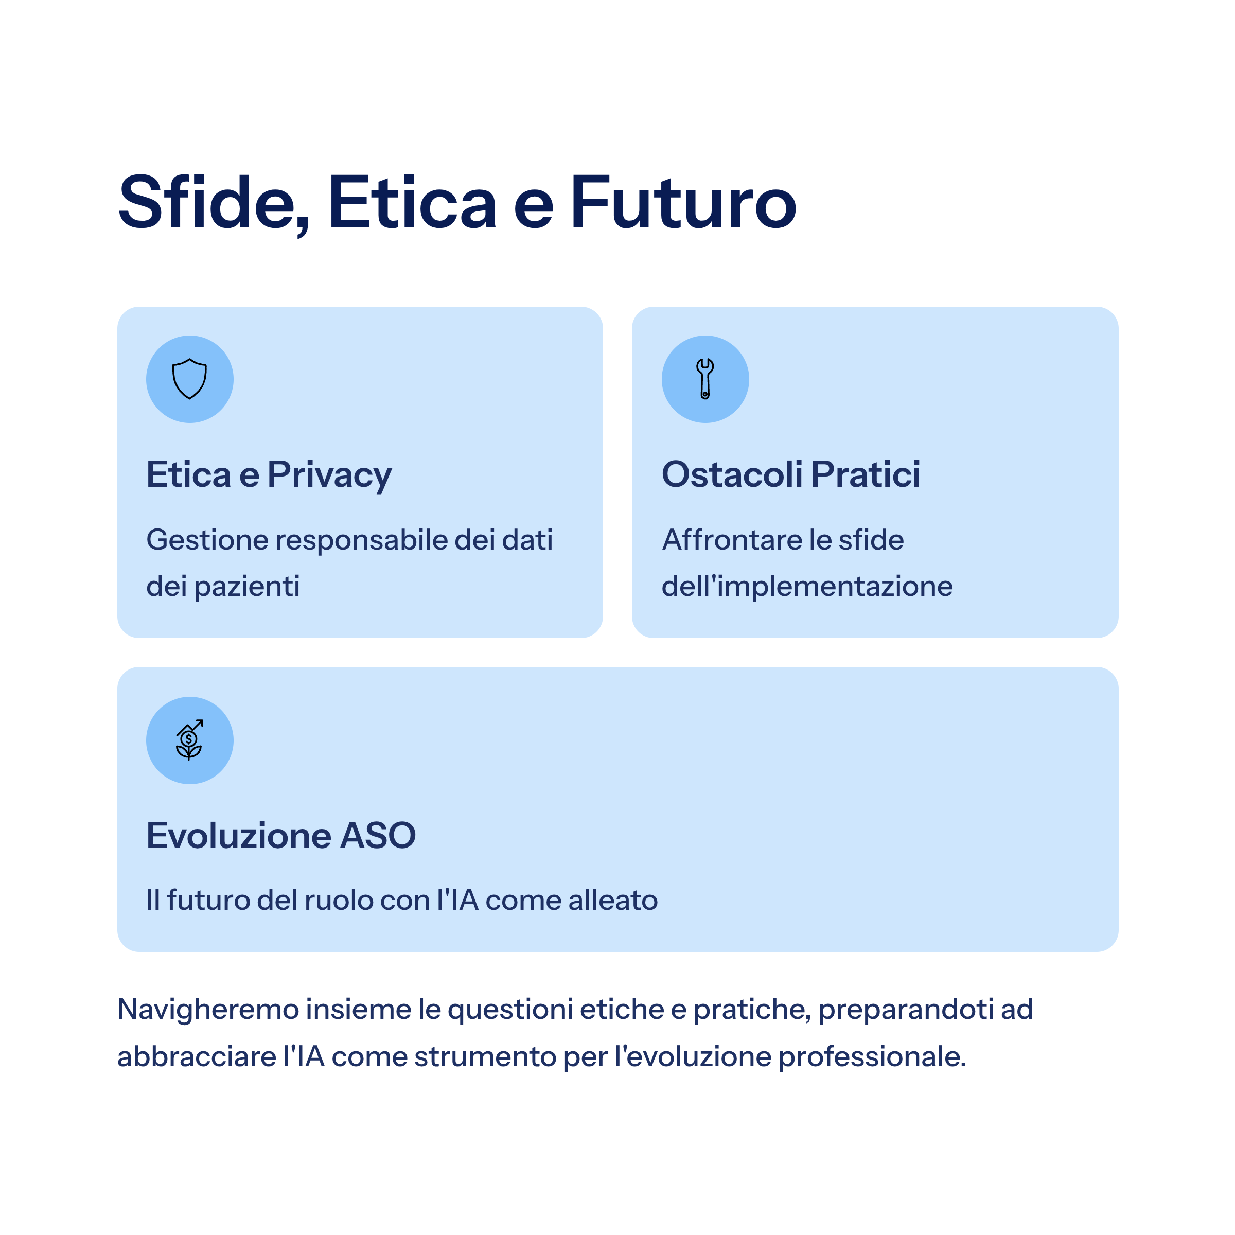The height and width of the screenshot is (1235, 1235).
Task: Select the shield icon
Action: (190, 379)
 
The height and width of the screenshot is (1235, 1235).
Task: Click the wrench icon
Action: (705, 379)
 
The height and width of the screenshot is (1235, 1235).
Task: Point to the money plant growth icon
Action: (189, 740)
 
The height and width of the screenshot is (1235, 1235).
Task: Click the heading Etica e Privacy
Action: (269, 475)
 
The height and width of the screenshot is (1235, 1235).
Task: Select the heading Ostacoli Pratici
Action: (791, 474)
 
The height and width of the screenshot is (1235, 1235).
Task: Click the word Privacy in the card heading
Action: (330, 475)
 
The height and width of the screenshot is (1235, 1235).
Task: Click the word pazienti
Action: (247, 587)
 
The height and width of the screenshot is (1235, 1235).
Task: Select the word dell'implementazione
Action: (807, 586)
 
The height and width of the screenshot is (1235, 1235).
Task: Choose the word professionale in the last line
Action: (872, 1056)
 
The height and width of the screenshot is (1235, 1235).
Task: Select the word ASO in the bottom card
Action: (378, 836)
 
